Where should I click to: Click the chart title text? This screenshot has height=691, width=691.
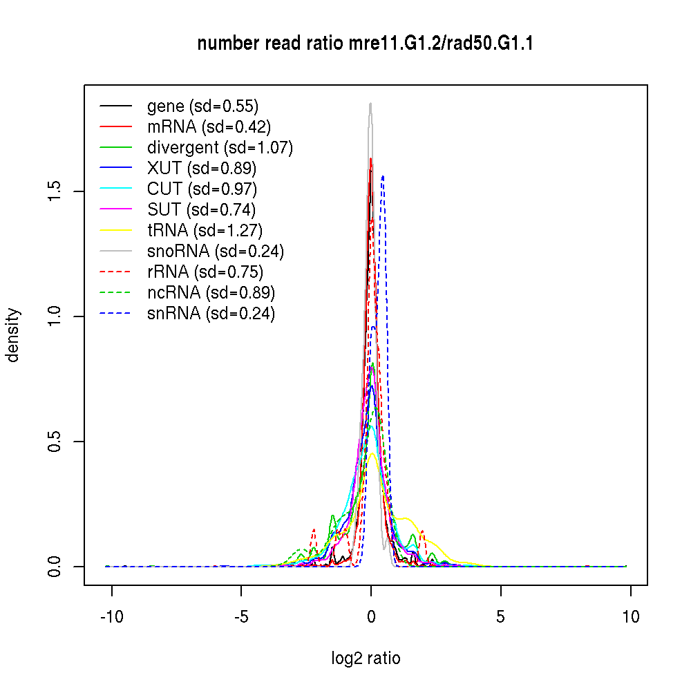pyautogui.click(x=366, y=44)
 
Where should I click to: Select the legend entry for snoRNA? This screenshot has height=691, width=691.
pyautogui.click(x=215, y=252)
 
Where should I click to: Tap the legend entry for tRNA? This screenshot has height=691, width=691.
pyautogui.click(x=205, y=231)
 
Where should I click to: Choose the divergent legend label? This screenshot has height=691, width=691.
pyautogui.click(x=220, y=147)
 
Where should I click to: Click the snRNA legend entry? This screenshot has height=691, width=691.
pyautogui.click(x=211, y=314)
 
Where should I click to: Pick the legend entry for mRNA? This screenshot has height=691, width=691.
pyautogui.click(x=209, y=126)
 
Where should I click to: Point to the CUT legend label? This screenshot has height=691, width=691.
pyautogui.click(x=202, y=189)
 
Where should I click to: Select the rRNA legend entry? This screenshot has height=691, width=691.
pyautogui.click(x=205, y=272)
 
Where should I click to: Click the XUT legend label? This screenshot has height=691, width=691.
pyautogui.click(x=202, y=168)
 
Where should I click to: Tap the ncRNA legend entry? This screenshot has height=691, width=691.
pyautogui.click(x=211, y=293)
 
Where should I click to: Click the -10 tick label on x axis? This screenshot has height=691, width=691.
pyautogui.click(x=111, y=616)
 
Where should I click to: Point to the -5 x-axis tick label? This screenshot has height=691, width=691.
pyautogui.click(x=241, y=616)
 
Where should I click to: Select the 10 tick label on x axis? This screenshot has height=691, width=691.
pyautogui.click(x=630, y=616)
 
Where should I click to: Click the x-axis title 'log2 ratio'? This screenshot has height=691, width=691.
pyautogui.click(x=366, y=659)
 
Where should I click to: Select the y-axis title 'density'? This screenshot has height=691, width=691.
pyautogui.click(x=14, y=335)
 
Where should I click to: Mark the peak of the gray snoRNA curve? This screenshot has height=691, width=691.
pyautogui.click(x=370, y=104)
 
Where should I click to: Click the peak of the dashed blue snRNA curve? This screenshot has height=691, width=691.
pyautogui.click(x=382, y=176)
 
